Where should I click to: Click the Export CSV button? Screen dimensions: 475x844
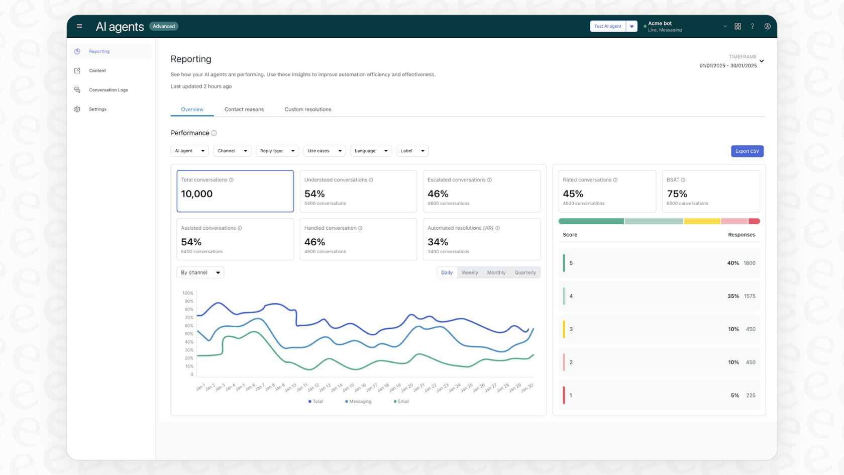(x=747, y=151)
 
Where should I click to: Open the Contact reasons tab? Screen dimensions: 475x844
(x=244, y=110)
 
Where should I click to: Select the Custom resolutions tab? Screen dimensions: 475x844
(x=307, y=110)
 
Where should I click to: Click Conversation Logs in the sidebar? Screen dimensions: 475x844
(x=108, y=90)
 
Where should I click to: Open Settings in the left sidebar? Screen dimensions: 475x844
(x=97, y=109)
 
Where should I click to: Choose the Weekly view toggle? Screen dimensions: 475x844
(x=470, y=272)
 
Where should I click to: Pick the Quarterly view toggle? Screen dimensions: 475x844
(x=525, y=272)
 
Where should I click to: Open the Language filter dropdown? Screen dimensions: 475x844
(x=371, y=151)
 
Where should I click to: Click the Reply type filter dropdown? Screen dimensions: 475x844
(x=277, y=151)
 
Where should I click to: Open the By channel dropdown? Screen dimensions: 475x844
(x=200, y=272)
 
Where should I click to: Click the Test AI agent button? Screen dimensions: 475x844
(x=607, y=26)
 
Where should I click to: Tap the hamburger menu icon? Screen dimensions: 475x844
(x=79, y=26)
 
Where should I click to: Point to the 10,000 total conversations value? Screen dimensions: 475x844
(x=197, y=194)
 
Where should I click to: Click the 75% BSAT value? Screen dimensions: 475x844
(x=677, y=194)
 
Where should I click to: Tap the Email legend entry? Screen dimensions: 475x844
(x=401, y=402)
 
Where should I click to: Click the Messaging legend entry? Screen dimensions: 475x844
(x=358, y=402)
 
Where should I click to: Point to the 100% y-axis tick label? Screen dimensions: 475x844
(x=188, y=293)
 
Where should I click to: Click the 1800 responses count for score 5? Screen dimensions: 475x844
(x=749, y=263)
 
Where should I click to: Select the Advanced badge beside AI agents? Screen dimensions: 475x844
(x=164, y=26)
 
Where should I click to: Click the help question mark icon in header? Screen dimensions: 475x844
(x=752, y=26)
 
